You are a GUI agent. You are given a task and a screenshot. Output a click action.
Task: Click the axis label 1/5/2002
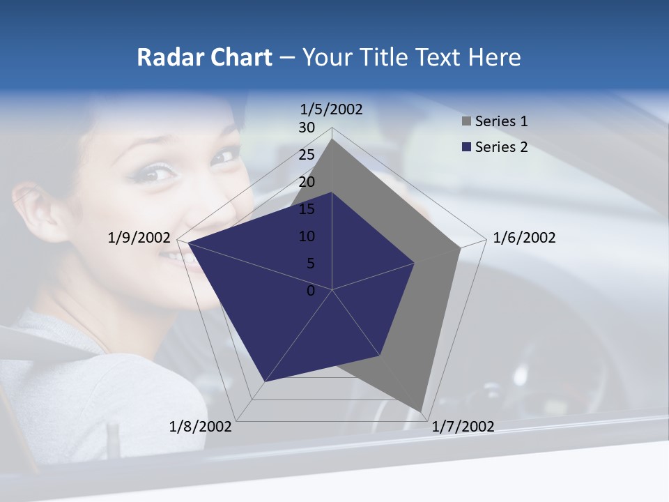coord(332,109)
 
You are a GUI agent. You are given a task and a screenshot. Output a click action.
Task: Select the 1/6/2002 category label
coord(524,238)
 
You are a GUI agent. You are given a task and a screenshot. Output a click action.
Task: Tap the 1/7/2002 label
coord(463,427)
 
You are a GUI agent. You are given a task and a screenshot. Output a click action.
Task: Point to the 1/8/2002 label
coord(201,427)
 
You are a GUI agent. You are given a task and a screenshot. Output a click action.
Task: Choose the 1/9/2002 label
coord(139,238)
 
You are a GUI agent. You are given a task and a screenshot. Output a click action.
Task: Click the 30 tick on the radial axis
coord(307,128)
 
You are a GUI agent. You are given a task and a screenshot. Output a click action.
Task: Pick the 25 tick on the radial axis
coord(307,155)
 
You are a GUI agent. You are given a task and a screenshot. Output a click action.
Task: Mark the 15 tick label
coord(307,209)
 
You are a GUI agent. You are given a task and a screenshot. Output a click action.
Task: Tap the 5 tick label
coord(310,264)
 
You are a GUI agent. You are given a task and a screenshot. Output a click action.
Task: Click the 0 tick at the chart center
coord(311,291)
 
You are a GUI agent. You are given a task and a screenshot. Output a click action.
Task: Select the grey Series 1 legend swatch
coord(466,122)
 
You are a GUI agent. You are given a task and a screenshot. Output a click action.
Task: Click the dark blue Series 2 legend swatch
coord(466,147)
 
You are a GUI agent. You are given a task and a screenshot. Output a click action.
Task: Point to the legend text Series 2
coord(501,147)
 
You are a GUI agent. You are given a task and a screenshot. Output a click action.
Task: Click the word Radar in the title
coord(164,58)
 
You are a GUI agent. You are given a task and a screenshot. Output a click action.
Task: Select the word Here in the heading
coord(494,58)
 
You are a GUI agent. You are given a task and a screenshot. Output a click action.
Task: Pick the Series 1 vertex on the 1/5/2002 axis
coord(332,139)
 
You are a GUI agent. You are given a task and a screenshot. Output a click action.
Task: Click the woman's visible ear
coord(35,209)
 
